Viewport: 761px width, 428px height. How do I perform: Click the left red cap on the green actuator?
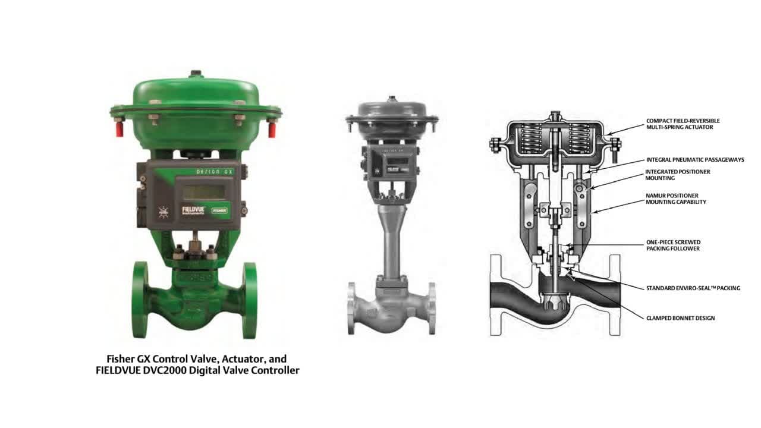[x=120, y=129]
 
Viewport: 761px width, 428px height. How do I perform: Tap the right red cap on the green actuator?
[x=272, y=130]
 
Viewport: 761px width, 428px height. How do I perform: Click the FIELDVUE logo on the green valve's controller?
[x=193, y=210]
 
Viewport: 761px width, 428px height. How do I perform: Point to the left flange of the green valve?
[x=140, y=300]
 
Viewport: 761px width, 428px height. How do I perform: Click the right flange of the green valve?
[x=250, y=300]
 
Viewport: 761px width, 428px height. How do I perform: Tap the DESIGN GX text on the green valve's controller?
[x=215, y=172]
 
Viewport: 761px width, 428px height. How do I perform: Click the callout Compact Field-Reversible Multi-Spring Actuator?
[x=683, y=124]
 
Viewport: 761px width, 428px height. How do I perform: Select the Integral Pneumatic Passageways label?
[x=695, y=160]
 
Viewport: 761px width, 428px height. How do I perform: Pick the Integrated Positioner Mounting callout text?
[x=677, y=175]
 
